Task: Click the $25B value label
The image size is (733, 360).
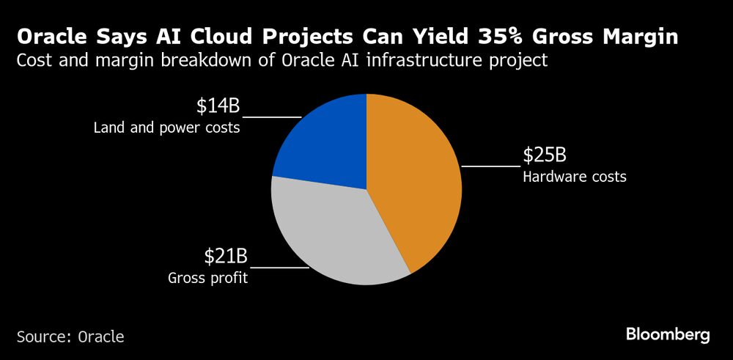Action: pos(545,156)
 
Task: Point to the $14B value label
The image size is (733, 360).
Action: pos(217,106)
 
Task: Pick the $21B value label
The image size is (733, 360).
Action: pos(225,257)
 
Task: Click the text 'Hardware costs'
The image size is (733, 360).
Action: pos(574,177)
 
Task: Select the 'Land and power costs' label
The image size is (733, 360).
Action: pos(167,128)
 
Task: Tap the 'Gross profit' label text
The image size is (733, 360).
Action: pos(207,278)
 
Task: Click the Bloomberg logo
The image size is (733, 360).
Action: pos(668,335)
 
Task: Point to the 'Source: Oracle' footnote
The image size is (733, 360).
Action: pos(70,337)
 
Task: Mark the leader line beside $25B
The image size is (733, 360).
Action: pos(490,166)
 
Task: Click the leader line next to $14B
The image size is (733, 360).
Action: pos(271,117)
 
